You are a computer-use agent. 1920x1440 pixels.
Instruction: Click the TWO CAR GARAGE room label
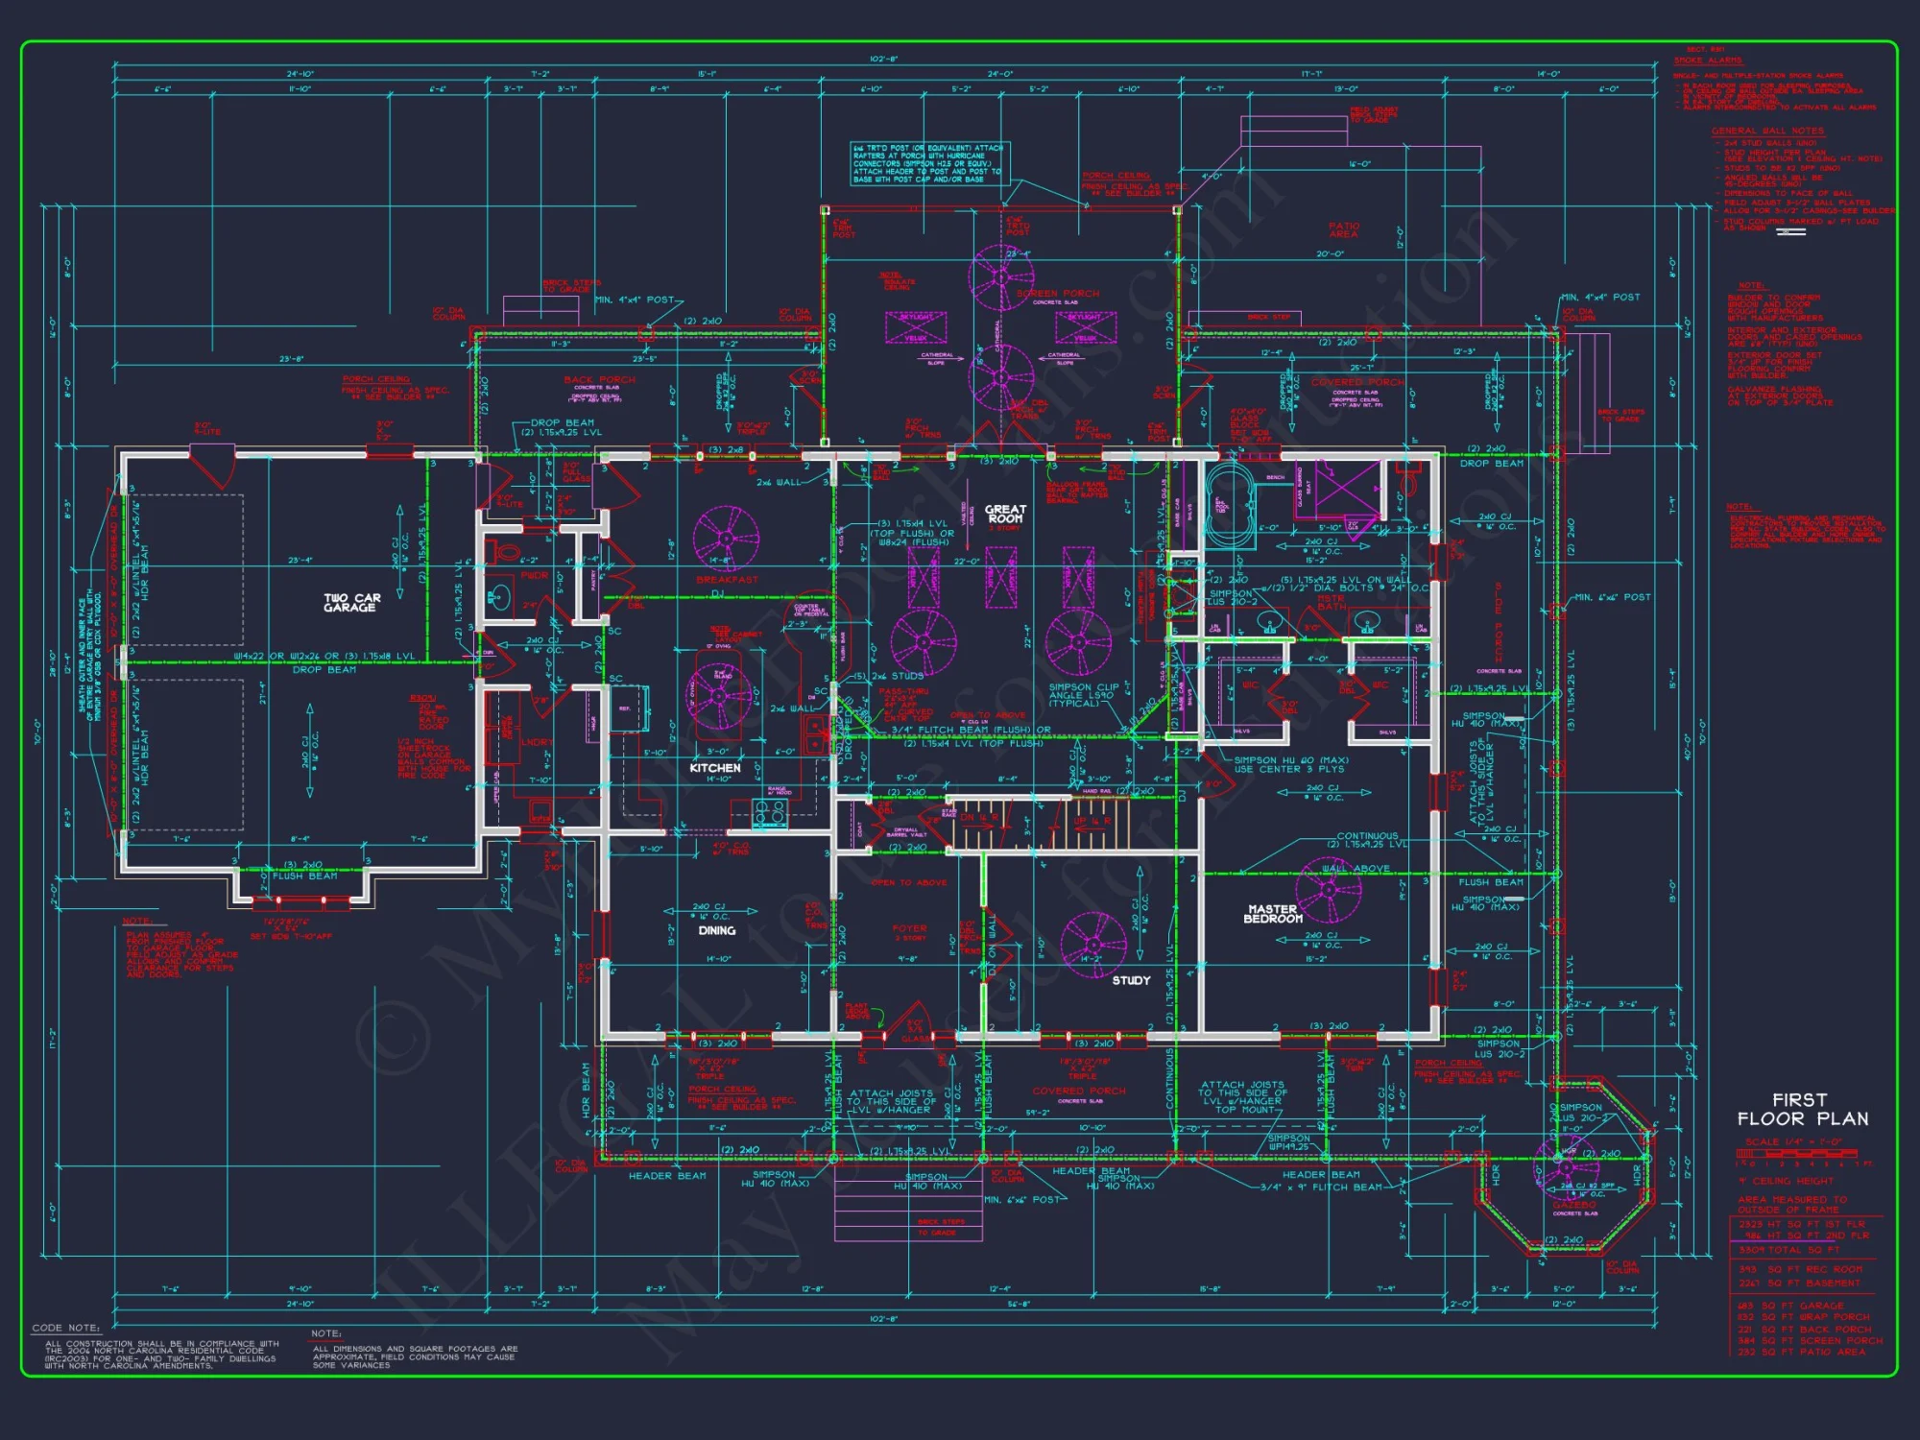352,603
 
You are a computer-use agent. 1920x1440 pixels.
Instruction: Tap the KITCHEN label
715,768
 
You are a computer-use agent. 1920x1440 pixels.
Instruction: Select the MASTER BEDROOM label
1273,914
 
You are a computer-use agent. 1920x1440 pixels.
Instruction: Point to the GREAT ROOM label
1005,514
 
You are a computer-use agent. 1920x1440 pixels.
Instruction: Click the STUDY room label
1131,980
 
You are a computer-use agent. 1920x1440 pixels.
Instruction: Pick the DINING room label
717,930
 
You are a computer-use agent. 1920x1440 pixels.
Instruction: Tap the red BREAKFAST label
727,580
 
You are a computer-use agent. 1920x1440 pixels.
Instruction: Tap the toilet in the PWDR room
505,552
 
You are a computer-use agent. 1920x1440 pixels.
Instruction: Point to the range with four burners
769,813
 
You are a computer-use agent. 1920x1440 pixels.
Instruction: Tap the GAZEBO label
1574,1204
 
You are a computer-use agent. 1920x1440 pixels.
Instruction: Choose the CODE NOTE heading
65,1328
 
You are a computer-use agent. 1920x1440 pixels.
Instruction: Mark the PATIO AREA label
1343,229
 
